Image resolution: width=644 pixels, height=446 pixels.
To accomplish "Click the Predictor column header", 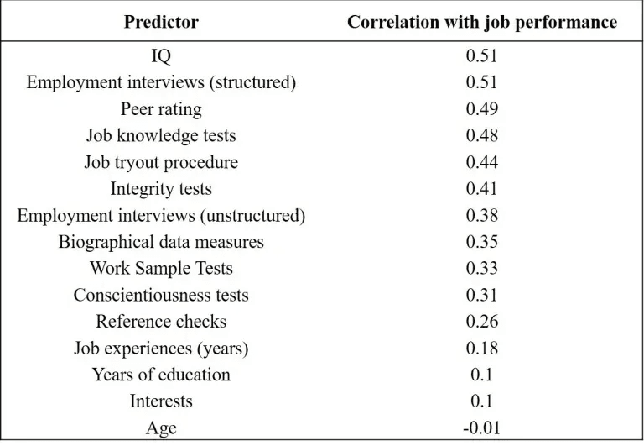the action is [x=161, y=22].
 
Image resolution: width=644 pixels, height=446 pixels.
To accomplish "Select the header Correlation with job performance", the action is [x=482, y=22].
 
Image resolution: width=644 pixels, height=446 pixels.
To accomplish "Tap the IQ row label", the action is [x=161, y=56].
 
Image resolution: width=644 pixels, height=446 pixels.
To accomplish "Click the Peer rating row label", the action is [x=161, y=109].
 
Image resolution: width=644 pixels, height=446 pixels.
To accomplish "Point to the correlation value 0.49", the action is [x=482, y=108].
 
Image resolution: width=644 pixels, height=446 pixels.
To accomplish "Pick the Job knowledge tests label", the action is [x=161, y=136].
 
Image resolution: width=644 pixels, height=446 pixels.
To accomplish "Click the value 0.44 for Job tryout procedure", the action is [x=482, y=162].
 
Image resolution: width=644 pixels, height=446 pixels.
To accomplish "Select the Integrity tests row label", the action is [x=161, y=189].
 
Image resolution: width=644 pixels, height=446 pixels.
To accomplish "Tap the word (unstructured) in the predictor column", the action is [x=252, y=216].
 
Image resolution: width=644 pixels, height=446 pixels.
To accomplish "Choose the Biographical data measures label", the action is [x=161, y=243].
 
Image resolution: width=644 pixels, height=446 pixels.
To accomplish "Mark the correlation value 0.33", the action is [x=482, y=268].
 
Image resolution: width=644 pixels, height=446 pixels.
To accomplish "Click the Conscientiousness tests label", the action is [x=161, y=295].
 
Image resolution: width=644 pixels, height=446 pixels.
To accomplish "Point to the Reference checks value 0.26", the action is [x=482, y=322].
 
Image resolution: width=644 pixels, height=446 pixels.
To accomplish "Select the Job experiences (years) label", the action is [x=161, y=349].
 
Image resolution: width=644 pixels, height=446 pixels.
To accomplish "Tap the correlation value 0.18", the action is [x=482, y=348].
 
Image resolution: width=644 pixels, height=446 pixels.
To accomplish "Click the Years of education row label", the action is [x=161, y=375].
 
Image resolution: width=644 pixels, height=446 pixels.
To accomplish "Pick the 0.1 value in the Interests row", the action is [x=482, y=401].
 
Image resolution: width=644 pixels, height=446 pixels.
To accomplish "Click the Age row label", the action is [x=161, y=428].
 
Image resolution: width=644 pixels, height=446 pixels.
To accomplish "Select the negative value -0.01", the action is [x=482, y=428].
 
